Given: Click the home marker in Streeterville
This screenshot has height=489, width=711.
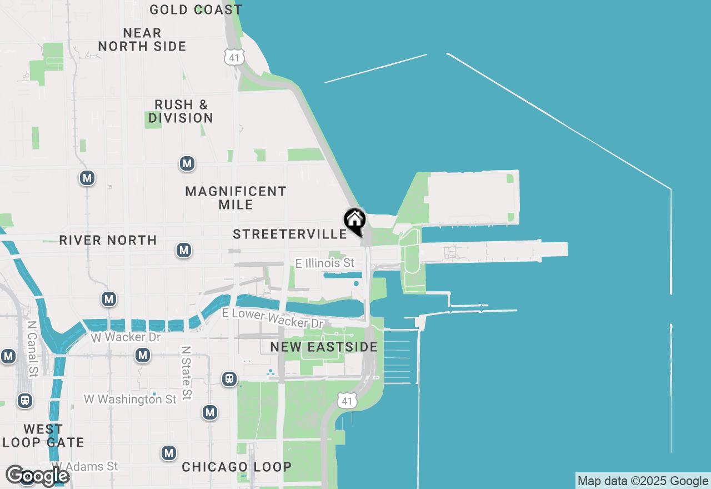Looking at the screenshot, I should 354,221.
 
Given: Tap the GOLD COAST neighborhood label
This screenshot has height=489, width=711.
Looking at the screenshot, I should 196,9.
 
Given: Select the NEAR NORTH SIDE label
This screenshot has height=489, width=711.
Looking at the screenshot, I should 142,39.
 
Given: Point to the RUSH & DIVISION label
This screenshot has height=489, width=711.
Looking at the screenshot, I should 181,111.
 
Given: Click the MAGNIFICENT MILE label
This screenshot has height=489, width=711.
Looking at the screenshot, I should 236,198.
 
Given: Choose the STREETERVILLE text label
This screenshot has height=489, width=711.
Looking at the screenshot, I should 290,234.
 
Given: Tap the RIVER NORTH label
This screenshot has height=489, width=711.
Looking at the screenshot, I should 108,240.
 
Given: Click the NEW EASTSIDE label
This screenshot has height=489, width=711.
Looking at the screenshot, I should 324,347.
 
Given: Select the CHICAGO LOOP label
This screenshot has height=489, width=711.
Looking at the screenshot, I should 237,467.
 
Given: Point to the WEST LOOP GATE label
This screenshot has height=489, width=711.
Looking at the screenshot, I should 43,436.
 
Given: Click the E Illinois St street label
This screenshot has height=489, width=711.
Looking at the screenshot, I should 325,263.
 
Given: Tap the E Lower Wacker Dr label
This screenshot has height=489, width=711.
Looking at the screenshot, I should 273,318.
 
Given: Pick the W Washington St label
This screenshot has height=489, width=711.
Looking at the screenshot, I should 131,399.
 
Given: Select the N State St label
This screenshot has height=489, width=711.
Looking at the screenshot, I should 186,372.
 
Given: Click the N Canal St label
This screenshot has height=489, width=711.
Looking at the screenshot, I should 33,348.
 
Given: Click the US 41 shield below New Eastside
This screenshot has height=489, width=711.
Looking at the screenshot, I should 347,401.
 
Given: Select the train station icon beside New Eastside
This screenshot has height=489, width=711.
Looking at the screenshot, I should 229,379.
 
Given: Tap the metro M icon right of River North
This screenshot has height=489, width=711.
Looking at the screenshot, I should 184,250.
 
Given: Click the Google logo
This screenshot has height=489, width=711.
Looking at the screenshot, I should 37,476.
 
